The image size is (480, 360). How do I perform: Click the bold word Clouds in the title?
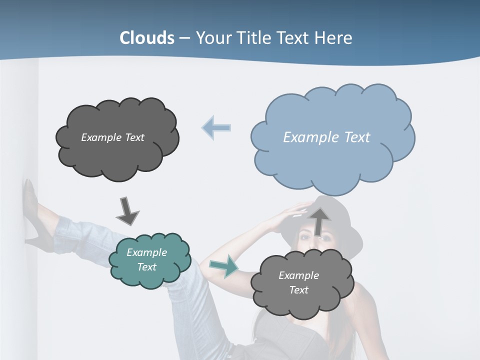pos(147,38)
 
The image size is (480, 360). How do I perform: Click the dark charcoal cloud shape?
pos(117,138)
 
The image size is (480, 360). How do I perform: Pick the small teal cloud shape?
pos(149,260)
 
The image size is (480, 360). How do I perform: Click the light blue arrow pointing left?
pos(216,127)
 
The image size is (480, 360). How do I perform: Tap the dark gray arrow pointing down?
pos(127,210)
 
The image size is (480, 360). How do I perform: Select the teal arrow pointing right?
pos(223,266)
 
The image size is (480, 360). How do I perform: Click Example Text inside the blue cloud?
pos(326,137)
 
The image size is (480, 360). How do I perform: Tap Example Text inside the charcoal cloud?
pos(112,137)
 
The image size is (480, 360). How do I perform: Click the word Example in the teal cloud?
pos(146,252)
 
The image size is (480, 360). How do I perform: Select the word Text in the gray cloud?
pos(298,290)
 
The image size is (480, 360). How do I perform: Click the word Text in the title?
pos(293,38)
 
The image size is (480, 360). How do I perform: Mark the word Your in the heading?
pos(214,38)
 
